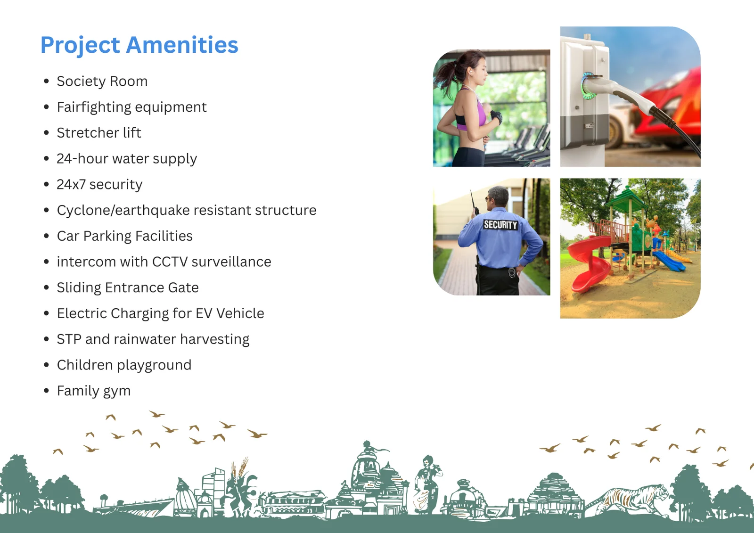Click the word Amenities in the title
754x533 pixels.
click(182, 45)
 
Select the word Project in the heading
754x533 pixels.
click(80, 45)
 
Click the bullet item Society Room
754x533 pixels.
click(102, 81)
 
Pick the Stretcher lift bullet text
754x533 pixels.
click(98, 132)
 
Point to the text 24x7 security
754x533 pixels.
click(99, 185)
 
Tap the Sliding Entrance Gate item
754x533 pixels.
click(128, 288)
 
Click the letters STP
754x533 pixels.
click(69, 339)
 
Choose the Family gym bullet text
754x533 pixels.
click(94, 391)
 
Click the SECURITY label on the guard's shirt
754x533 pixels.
click(500, 225)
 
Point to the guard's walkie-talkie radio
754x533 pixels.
click(475, 203)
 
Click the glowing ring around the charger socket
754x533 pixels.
click(587, 86)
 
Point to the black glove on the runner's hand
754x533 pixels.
click(496, 117)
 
